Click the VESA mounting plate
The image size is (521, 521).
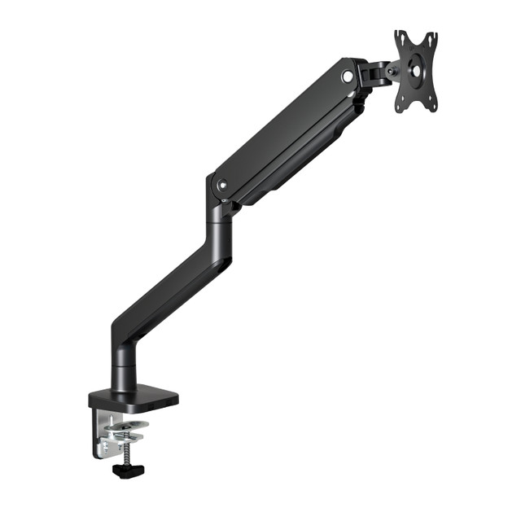click(x=416, y=71)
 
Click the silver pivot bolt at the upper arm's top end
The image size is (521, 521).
click(x=348, y=76)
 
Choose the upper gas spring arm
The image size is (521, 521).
click(x=285, y=130)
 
